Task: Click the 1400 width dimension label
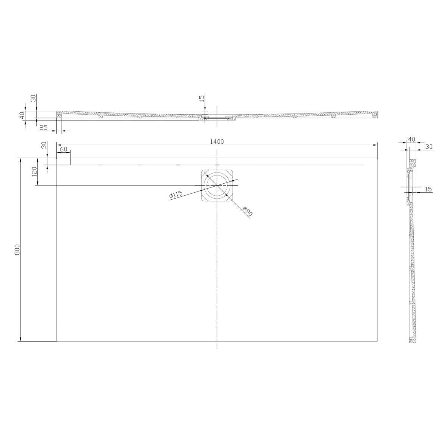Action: point(217,141)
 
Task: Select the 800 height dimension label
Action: point(17,249)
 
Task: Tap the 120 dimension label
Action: point(34,171)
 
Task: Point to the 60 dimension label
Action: point(63,149)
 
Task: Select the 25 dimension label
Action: point(43,128)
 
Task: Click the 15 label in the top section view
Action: point(202,99)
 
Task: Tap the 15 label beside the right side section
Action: point(428,189)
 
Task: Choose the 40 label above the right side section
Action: point(411,139)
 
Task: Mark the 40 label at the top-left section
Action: point(22,115)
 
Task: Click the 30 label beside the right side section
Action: point(428,147)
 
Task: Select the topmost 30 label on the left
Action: point(33,99)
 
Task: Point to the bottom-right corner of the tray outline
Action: point(378,341)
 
